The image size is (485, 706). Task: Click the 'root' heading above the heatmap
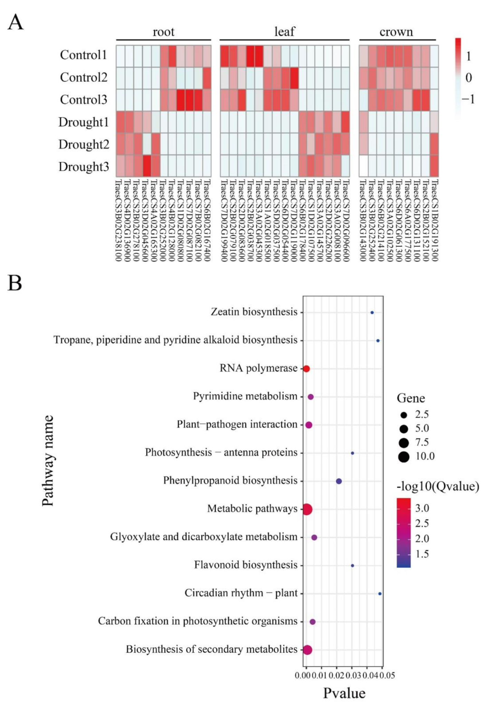163,32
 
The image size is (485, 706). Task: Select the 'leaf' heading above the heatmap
285,32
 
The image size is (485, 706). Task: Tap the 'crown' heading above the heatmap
396,32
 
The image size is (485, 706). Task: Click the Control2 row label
84,77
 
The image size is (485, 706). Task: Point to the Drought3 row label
84,167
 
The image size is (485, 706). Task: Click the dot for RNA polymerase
306,369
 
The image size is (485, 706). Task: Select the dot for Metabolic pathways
307,509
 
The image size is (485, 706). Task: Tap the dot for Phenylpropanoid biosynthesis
339,481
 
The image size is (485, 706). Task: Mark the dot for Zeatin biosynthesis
372,313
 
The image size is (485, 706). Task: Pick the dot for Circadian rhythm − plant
380,594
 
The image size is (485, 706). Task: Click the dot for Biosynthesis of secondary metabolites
307,650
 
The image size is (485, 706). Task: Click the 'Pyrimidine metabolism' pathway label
245,396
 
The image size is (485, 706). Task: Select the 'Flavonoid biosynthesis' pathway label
246,565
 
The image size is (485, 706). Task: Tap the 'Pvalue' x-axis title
344,693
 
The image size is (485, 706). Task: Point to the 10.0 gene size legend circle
403,457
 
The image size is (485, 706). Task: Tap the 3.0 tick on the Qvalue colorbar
422,508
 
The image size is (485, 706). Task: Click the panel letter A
16,23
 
